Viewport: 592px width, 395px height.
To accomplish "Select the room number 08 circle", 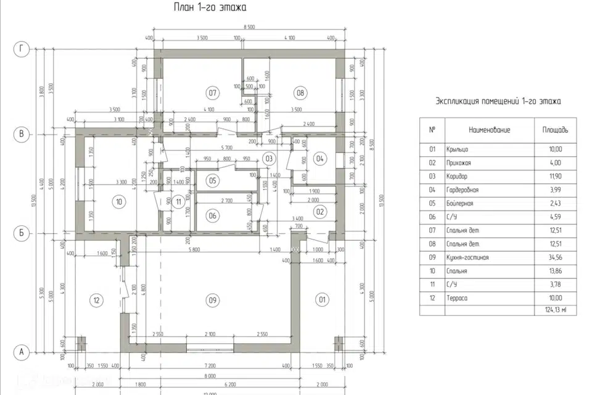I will pyautogui.click(x=301, y=93).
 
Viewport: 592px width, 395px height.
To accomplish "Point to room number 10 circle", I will pyautogui.click(x=120, y=201).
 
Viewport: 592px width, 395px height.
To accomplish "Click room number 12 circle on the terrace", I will pyautogui.click(x=96, y=301).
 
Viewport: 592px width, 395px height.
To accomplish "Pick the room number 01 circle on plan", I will pyautogui.click(x=321, y=301).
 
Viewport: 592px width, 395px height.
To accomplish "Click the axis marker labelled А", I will pyautogui.click(x=22, y=352).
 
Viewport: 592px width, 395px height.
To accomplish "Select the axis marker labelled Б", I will pyautogui.click(x=22, y=233).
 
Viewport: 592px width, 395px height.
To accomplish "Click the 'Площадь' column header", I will pyautogui.click(x=555, y=130).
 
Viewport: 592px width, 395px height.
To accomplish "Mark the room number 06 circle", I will pyautogui.click(x=213, y=215).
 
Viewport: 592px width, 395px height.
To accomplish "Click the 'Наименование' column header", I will pyautogui.click(x=489, y=130).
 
